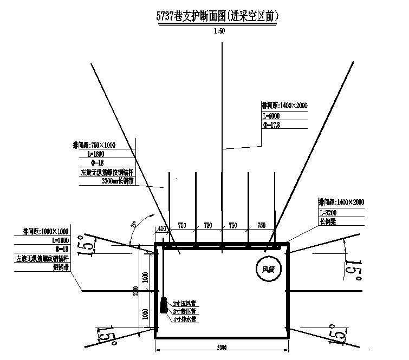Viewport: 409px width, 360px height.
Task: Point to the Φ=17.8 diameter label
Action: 271,125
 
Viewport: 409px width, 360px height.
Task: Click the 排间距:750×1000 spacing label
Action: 95,145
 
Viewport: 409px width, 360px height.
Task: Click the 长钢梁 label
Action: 328,221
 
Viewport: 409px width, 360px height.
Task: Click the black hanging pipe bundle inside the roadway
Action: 163,306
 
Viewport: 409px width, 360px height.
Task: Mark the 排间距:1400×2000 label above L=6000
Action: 284,106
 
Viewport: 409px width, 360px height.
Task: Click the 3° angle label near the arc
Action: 133,224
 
